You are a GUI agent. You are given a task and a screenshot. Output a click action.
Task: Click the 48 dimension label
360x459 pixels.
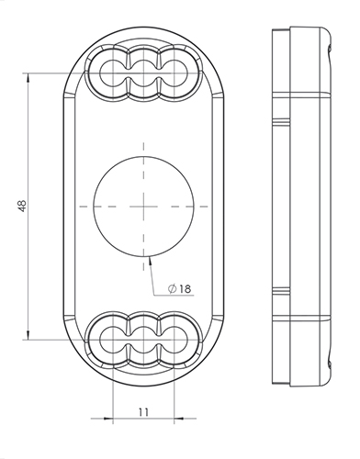pos(22,206)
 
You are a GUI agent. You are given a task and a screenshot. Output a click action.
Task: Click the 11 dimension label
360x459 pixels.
pos(143,412)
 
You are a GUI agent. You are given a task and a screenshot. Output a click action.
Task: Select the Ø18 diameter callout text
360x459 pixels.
pos(180,288)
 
